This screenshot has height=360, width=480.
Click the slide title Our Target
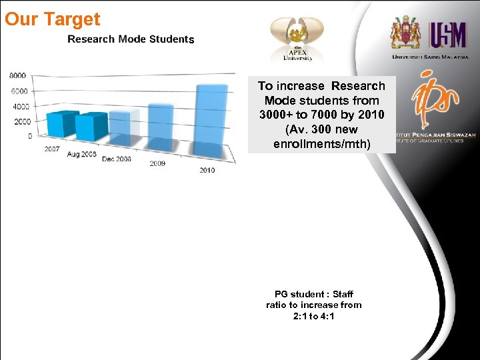(x=52, y=19)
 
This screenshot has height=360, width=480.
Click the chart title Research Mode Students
(x=131, y=39)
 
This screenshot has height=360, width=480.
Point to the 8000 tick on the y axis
(x=18, y=76)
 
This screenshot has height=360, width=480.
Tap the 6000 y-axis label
(x=19, y=91)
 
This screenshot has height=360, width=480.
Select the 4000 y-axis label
(x=21, y=107)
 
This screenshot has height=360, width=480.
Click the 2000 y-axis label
(x=23, y=122)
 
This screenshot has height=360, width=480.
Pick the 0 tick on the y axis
(x=29, y=137)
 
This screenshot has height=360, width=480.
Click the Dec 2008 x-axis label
(x=116, y=159)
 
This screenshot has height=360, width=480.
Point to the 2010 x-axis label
(x=207, y=170)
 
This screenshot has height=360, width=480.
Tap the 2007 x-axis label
(x=52, y=149)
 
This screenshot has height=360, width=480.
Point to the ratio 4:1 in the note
(x=327, y=316)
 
